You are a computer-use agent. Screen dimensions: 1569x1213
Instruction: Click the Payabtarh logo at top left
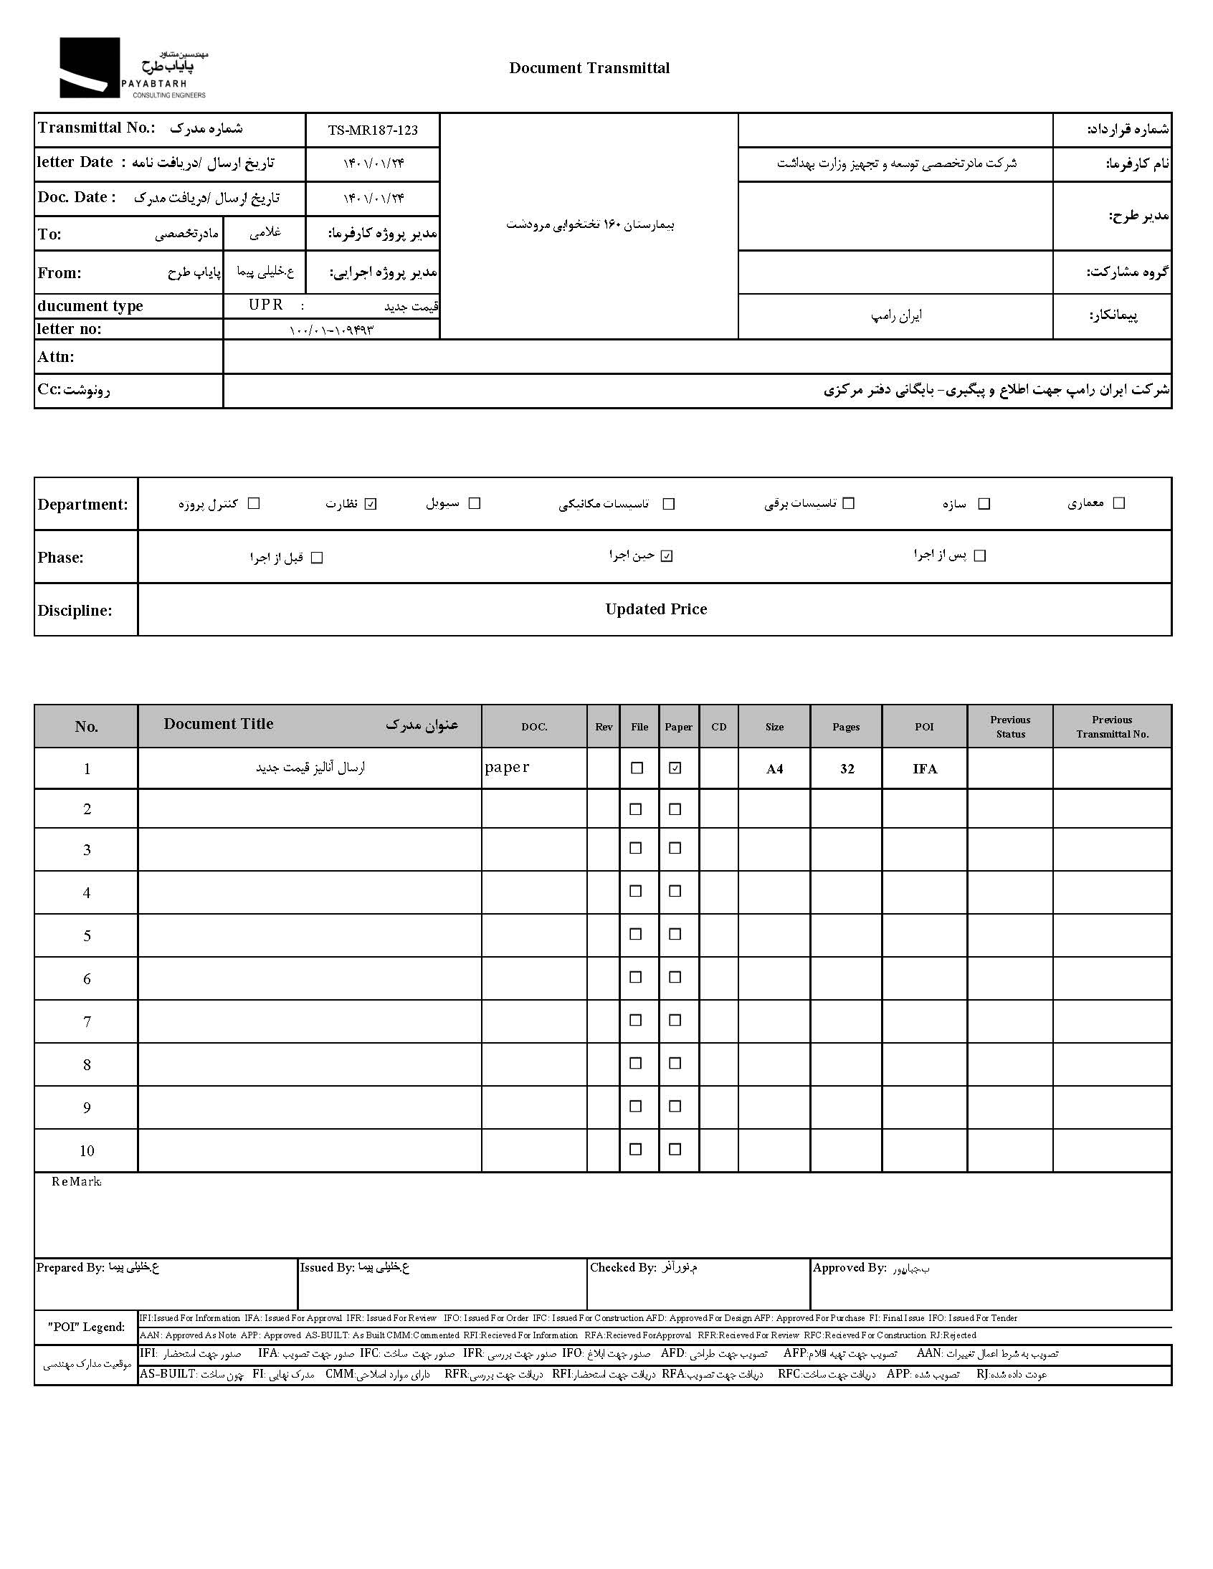pos(133,68)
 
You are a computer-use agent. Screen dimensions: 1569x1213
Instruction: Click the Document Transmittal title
pos(589,68)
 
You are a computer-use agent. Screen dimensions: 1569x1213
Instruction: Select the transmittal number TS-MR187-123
pos(372,130)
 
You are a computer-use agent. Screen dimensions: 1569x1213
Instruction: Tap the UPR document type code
pos(266,305)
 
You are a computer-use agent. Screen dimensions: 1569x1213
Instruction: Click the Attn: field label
pos(56,357)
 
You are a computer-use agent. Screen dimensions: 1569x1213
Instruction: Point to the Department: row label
pos(82,505)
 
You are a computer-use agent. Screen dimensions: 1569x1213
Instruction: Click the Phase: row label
pos(60,558)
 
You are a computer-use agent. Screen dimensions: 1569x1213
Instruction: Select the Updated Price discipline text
pos(655,609)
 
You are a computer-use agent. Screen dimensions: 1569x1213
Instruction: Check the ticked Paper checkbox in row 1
pos(675,768)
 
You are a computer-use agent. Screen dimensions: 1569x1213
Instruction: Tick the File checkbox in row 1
pos(637,768)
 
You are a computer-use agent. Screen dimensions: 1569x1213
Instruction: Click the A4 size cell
pos(774,768)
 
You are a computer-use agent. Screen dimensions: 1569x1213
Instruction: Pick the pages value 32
pos(847,768)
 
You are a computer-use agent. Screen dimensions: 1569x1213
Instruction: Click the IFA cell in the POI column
pos(925,768)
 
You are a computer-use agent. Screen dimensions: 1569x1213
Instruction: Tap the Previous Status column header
pos(1009,726)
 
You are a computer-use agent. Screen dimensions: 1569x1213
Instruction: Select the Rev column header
pos(604,727)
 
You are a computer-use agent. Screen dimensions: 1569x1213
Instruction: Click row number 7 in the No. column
pos(87,1021)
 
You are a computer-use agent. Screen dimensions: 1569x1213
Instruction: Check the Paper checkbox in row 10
pos(675,1149)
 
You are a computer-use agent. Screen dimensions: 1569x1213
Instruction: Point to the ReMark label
pos(76,1182)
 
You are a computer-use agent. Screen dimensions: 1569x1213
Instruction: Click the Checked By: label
pos(622,1268)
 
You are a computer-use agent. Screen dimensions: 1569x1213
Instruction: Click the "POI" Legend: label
pos(86,1327)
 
